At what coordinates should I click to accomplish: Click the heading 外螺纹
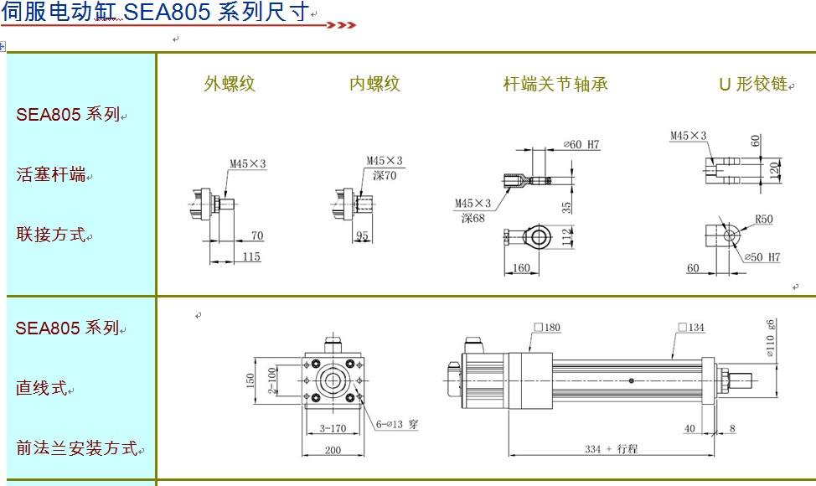[x=230, y=84]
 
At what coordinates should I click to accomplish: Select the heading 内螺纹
[x=374, y=84]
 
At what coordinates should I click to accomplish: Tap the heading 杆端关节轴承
[x=555, y=84]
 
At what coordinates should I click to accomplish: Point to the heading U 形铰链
[x=753, y=84]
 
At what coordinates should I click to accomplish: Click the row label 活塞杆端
[x=51, y=175]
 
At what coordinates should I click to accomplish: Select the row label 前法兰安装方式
[x=76, y=448]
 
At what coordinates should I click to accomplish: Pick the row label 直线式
[x=40, y=388]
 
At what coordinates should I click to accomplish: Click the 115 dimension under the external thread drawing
[x=251, y=257]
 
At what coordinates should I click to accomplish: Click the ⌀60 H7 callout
[x=582, y=144]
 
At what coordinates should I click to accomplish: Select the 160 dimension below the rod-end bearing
[x=521, y=268]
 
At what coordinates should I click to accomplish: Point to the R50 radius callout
[x=763, y=220]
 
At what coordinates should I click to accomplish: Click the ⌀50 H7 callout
[x=762, y=257]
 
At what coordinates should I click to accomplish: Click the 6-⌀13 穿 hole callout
[x=397, y=425]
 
